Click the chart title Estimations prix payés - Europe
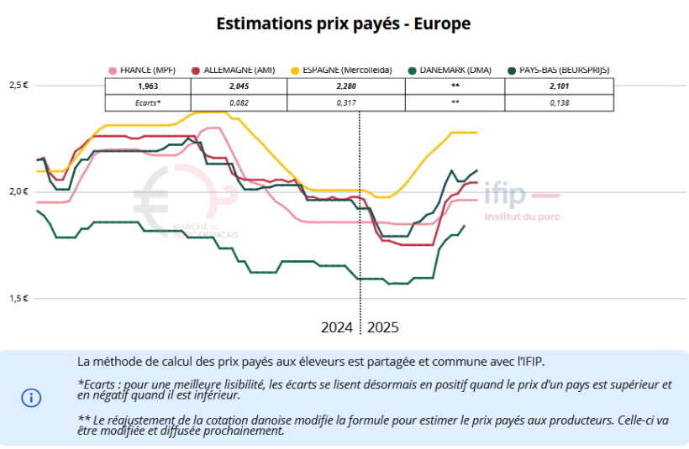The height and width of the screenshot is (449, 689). click(344, 23)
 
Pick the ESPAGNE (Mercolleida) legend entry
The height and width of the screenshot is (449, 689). click(341, 70)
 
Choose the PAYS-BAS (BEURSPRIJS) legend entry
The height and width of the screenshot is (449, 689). click(560, 70)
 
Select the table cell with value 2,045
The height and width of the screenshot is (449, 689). click(239, 86)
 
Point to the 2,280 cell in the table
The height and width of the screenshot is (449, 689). click(346, 86)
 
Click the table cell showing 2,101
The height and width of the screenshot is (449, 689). click(560, 86)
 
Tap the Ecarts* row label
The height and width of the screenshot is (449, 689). click(147, 102)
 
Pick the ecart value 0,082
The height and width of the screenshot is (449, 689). click(239, 102)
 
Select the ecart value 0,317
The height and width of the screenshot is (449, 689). click(346, 102)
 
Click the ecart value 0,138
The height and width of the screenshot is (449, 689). click(560, 102)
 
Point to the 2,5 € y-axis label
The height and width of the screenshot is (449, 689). click(18, 86)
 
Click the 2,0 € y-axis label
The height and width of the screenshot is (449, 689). click(18, 191)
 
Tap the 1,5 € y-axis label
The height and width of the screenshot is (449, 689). click(18, 298)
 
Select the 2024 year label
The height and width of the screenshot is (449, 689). click(336, 326)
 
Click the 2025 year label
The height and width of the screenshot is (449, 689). click(383, 326)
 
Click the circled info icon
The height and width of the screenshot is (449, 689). click(31, 398)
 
